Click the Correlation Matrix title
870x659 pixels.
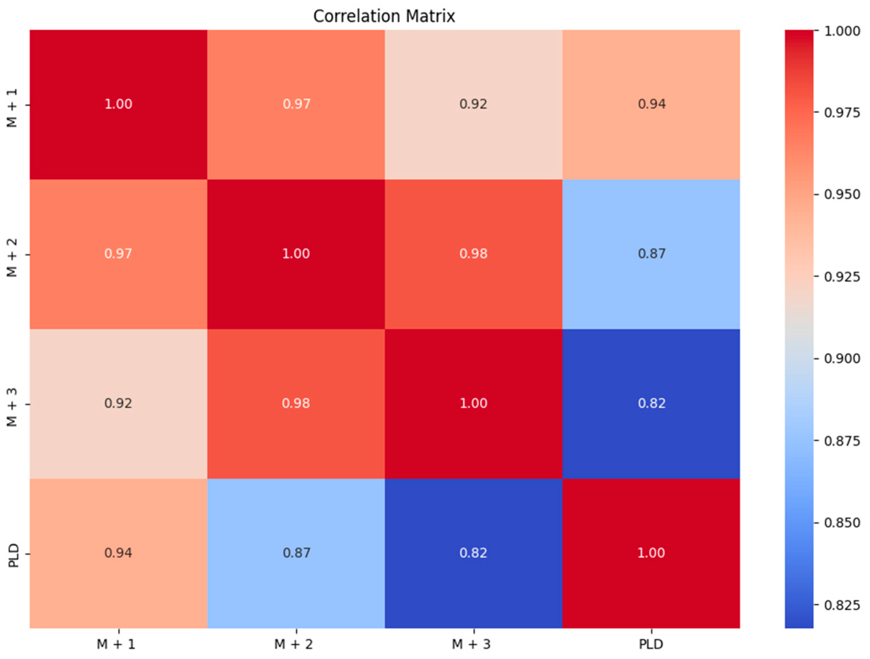click(384, 16)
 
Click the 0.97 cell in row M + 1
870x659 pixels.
click(296, 104)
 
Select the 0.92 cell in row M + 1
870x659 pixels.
click(473, 104)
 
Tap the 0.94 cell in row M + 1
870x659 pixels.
click(651, 104)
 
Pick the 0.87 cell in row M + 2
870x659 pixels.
click(651, 254)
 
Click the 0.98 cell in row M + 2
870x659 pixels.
click(473, 254)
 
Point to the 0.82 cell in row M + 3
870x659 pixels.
click(651, 404)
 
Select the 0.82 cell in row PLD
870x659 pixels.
click(473, 553)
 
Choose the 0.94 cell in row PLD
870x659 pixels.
click(118, 553)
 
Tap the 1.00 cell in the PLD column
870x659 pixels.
click(651, 553)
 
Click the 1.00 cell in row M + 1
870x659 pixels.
click(118, 104)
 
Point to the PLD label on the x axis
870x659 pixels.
click(651, 644)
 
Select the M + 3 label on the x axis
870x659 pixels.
click(471, 644)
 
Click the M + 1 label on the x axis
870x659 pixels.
click(116, 644)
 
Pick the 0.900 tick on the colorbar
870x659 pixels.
click(842, 359)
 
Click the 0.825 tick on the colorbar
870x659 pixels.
click(842, 605)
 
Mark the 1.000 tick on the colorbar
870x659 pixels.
click(842, 31)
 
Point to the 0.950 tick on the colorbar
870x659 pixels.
click(842, 194)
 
